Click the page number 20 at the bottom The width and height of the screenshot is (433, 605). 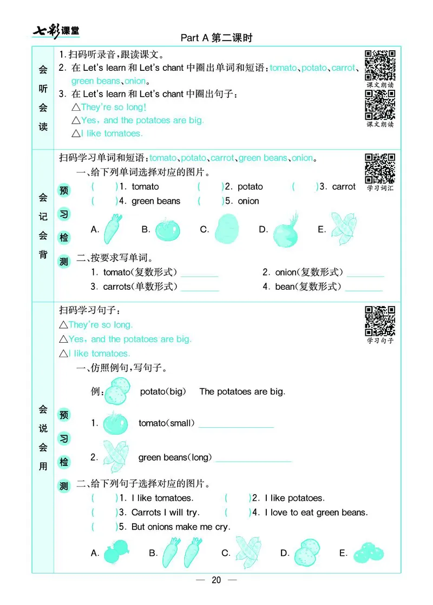(x=216, y=580)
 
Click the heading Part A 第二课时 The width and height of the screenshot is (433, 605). (x=216, y=38)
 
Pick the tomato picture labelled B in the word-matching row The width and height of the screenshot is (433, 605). (x=168, y=229)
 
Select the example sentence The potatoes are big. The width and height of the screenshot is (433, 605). (x=242, y=391)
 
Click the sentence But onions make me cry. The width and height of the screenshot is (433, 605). (x=180, y=527)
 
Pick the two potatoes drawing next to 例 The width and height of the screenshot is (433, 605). (x=117, y=390)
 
